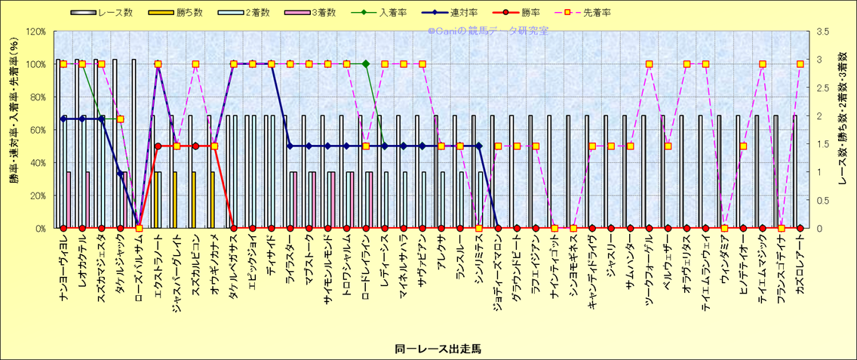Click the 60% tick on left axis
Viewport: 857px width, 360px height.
(37, 130)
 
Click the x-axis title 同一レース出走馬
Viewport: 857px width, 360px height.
(428, 349)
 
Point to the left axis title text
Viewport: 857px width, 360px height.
(14, 130)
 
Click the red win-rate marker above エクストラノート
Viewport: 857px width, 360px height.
(158, 146)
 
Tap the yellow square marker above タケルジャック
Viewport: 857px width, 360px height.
(120, 119)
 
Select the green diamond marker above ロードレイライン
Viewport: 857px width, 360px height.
(366, 64)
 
